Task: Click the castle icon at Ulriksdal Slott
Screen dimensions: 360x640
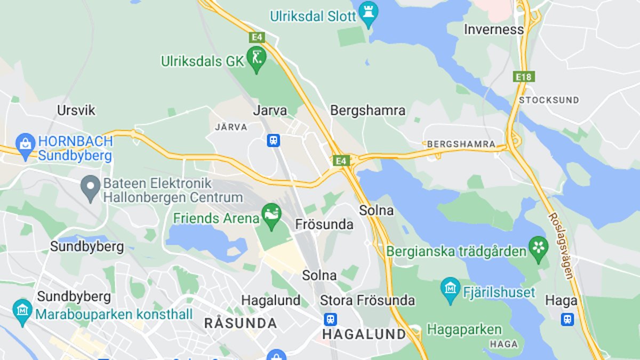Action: click(368, 15)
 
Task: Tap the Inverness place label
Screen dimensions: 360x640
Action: click(494, 29)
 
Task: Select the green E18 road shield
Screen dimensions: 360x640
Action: click(524, 77)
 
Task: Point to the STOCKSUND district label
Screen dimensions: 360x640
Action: click(549, 100)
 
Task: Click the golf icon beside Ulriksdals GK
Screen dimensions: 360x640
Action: click(256, 60)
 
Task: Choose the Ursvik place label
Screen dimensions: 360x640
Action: click(76, 110)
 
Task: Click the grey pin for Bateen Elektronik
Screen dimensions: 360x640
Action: click(91, 187)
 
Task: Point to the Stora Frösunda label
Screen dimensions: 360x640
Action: click(367, 300)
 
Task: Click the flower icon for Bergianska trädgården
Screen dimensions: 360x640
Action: click(539, 249)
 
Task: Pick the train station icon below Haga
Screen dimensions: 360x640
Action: click(567, 319)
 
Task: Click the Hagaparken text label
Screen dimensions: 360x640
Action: click(465, 329)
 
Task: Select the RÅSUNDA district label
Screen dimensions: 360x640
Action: click(241, 323)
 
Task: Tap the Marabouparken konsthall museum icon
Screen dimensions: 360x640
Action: click(22, 311)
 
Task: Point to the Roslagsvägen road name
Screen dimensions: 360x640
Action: click(561, 245)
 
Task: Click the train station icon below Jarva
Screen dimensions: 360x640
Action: click(274, 140)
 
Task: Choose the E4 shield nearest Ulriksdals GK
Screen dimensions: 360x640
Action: click(257, 37)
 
